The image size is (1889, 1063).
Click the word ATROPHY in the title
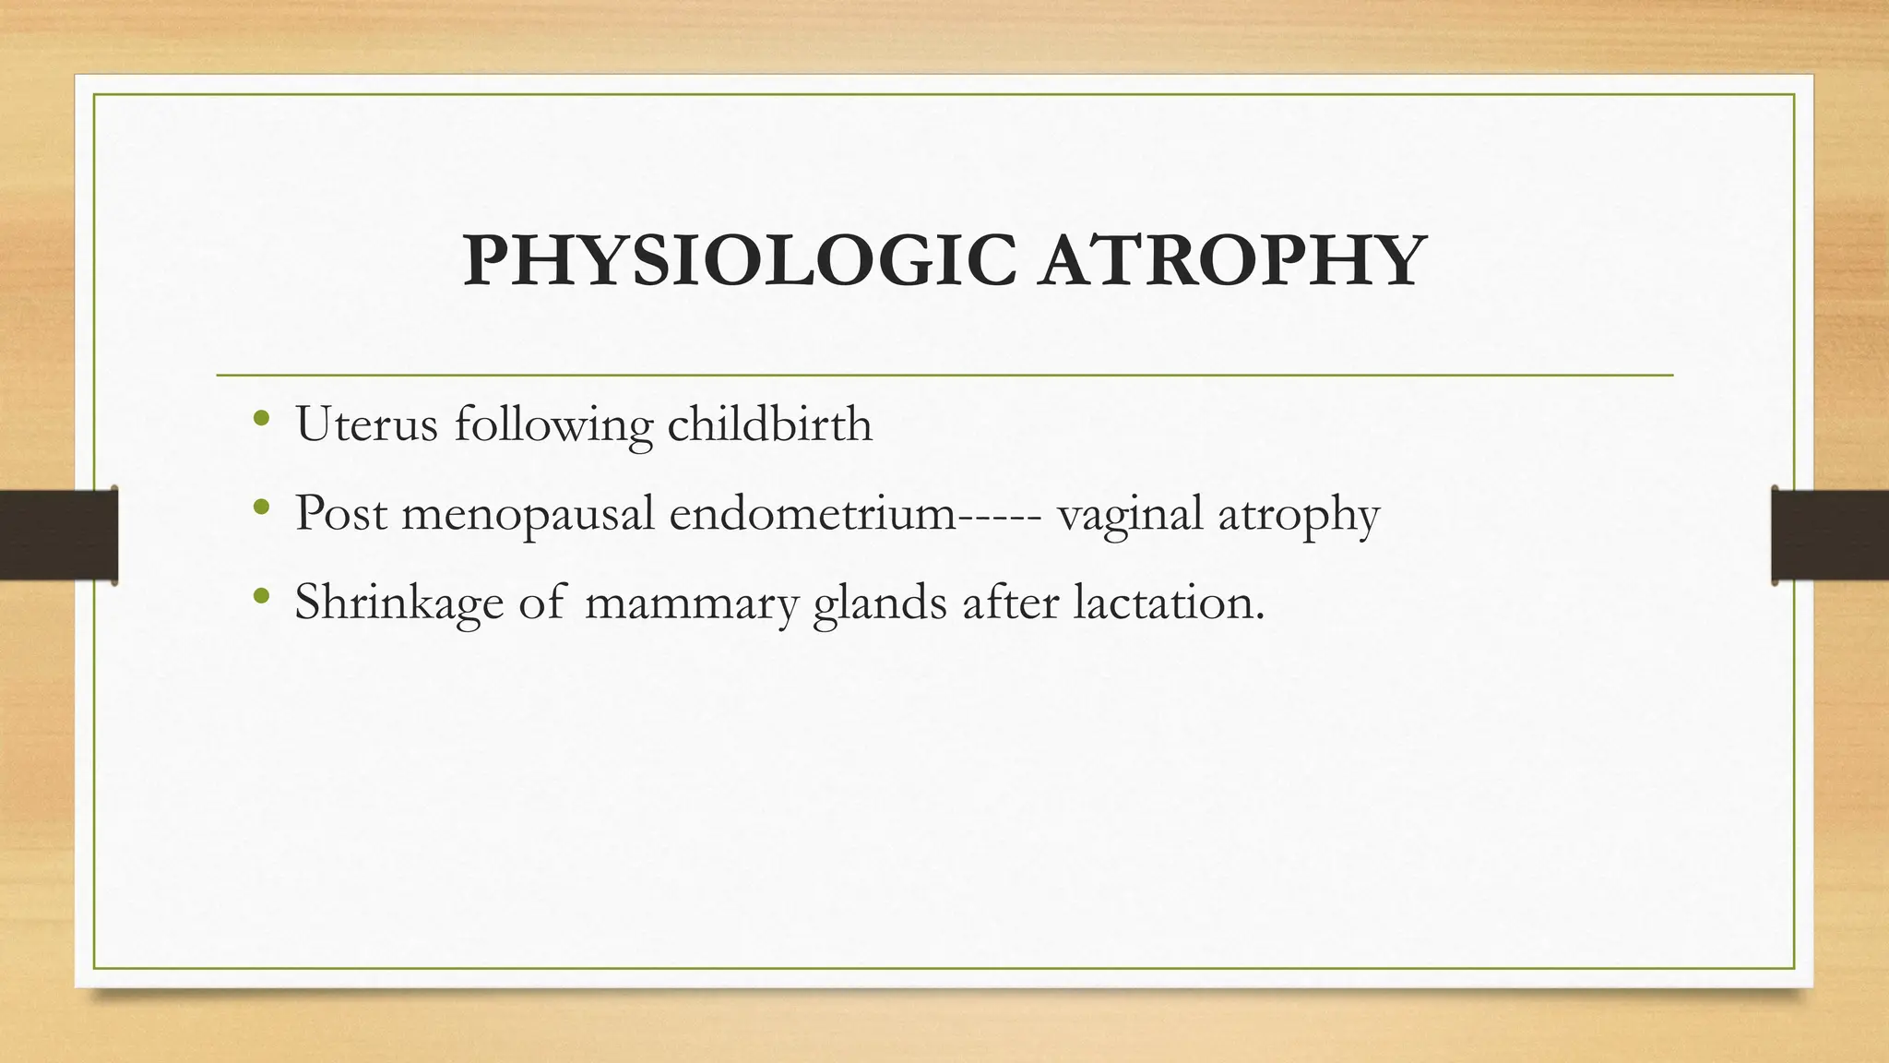tap(1231, 261)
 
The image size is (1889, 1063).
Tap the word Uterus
tap(366, 424)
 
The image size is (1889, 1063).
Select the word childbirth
tap(769, 424)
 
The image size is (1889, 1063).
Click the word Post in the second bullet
tap(340, 513)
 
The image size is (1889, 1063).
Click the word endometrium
tap(813, 513)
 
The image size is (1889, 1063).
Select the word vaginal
tap(1130, 515)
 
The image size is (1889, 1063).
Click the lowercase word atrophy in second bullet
tap(1299, 515)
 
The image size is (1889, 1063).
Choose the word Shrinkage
tap(398, 603)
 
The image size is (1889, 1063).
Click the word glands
tap(880, 603)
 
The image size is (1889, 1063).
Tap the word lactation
tap(1169, 602)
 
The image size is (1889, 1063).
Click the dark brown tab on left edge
tap(58, 535)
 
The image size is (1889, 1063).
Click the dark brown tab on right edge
tap(1830, 535)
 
